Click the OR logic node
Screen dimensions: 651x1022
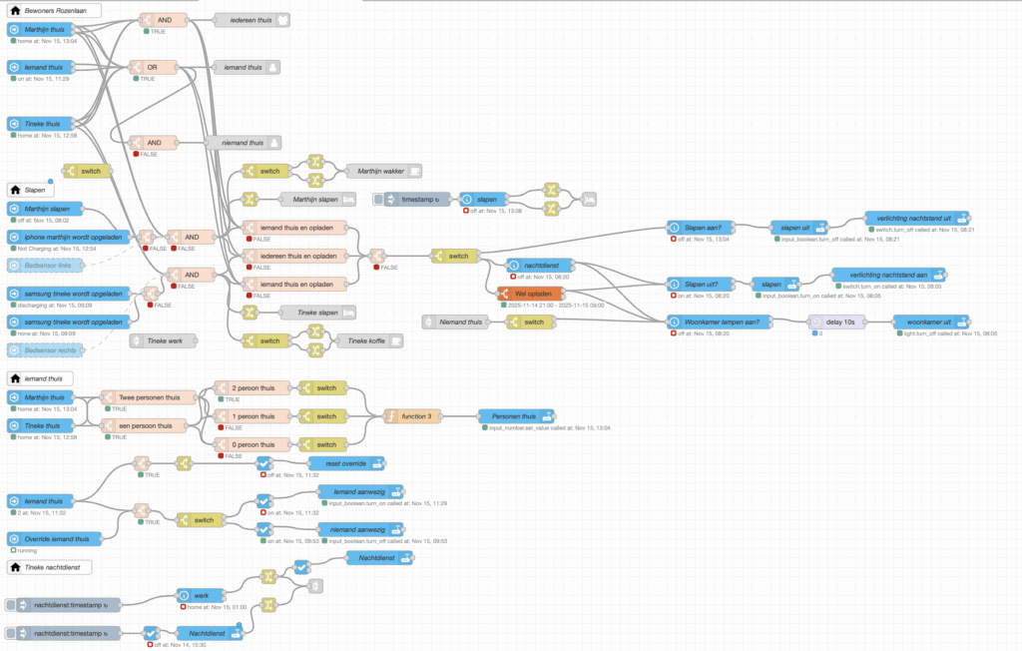coord(159,67)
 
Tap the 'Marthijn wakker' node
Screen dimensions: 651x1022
coord(382,171)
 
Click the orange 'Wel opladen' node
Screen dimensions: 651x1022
coord(531,294)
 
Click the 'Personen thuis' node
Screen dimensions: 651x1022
coord(516,415)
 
